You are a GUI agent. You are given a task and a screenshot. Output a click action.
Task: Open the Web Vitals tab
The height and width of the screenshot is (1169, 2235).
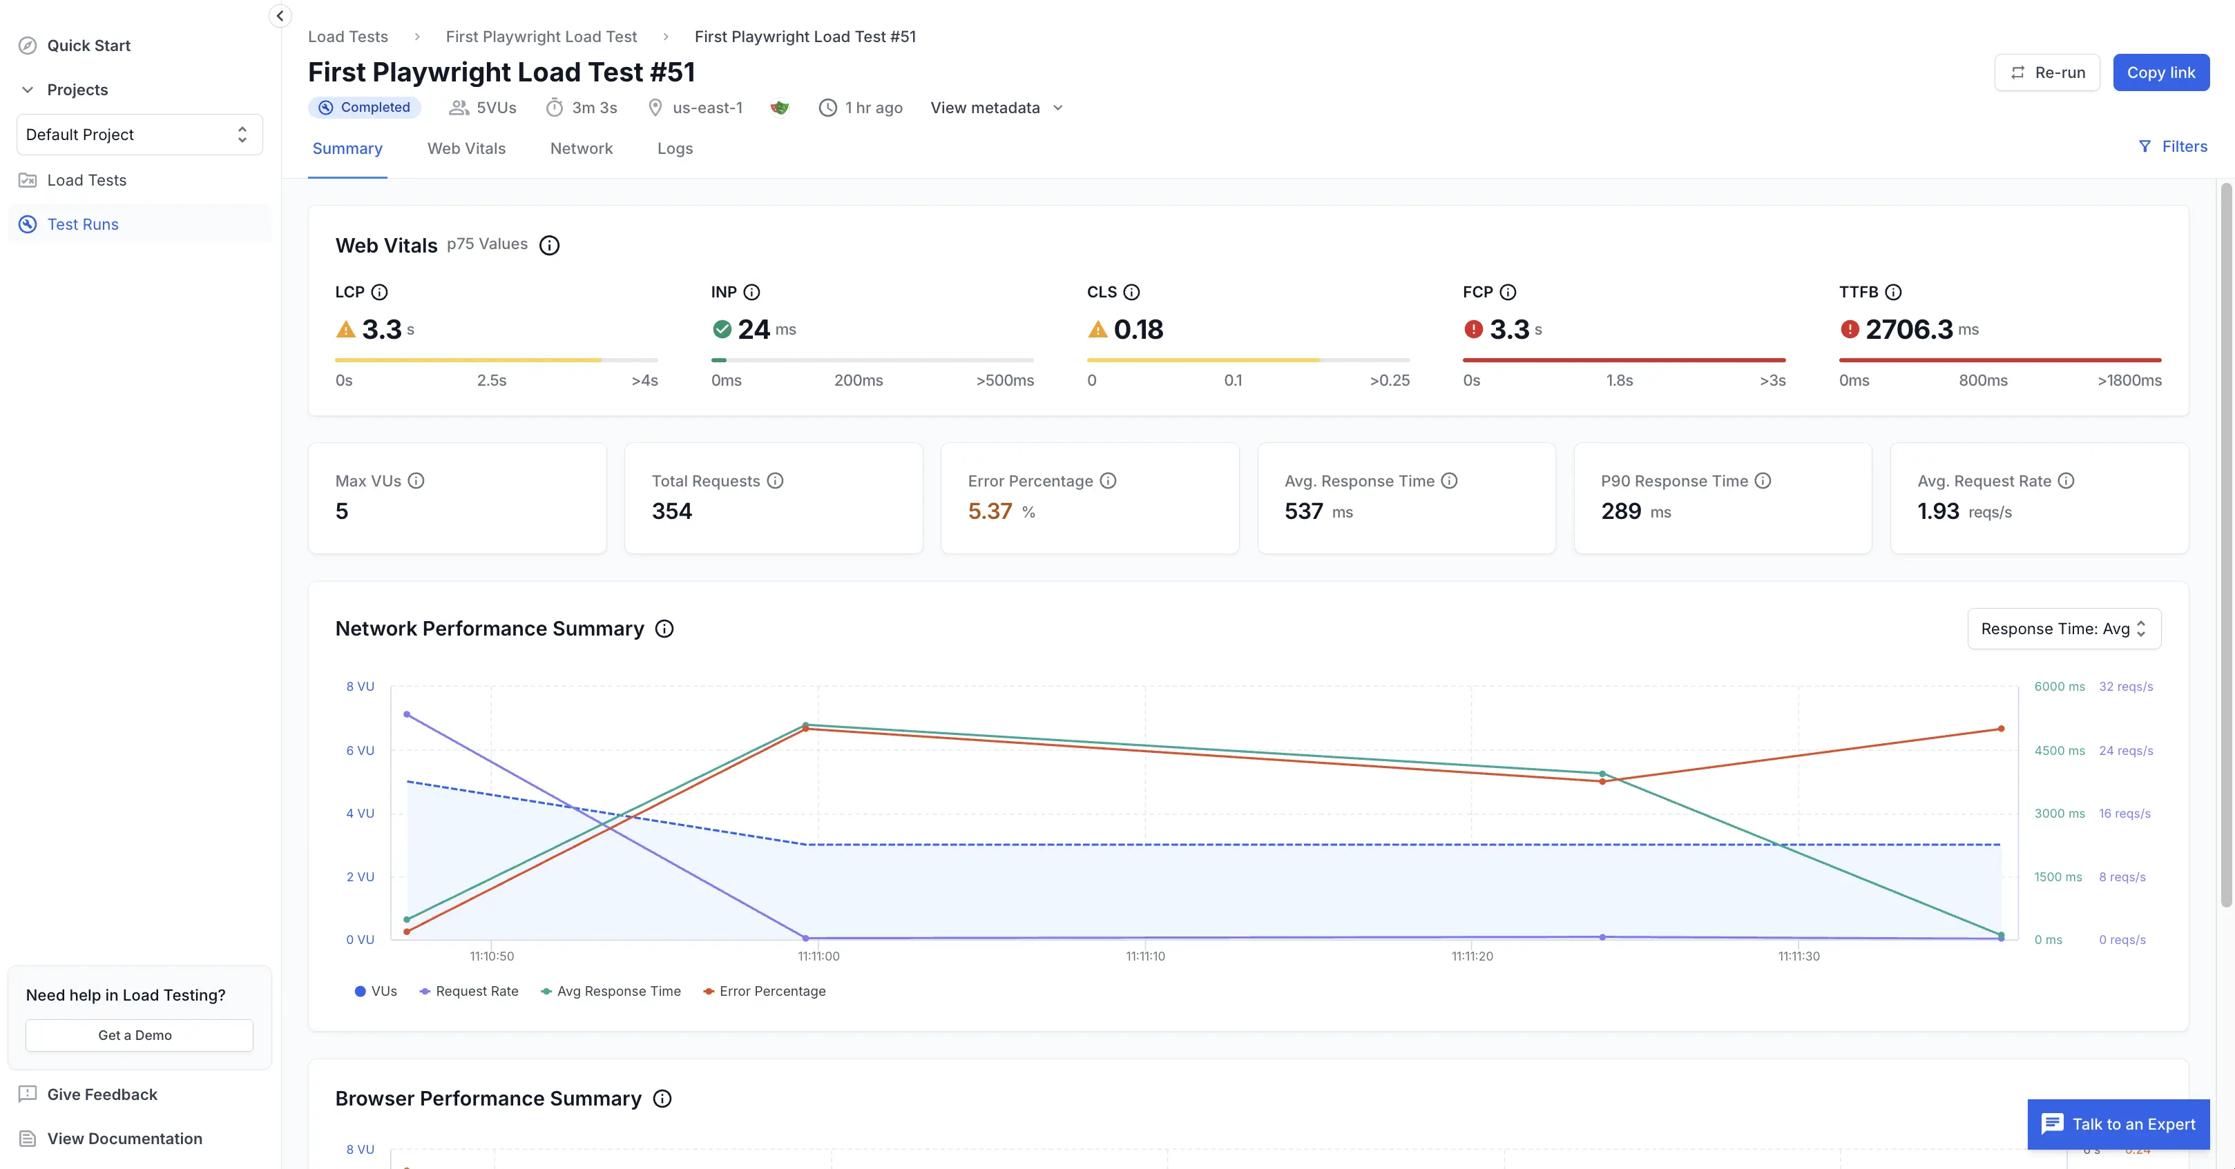click(x=466, y=148)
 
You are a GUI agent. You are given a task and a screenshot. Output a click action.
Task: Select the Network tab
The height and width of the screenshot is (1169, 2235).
click(x=582, y=148)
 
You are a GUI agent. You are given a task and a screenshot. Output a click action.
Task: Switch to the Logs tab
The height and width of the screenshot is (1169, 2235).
click(x=675, y=148)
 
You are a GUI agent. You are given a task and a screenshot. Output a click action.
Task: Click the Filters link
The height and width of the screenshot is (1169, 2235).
click(x=2173, y=146)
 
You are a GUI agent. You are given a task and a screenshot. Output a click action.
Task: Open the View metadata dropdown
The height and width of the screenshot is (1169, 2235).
click(x=997, y=108)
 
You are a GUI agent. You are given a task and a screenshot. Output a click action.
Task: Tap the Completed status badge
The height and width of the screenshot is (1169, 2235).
click(x=365, y=108)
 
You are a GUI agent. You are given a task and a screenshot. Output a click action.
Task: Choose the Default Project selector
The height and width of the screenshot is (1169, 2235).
click(x=140, y=135)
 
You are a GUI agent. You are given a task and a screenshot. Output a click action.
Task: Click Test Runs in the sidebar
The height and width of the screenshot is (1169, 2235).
click(x=82, y=224)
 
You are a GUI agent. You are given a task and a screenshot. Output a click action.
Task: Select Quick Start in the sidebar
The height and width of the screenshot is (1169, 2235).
click(x=88, y=45)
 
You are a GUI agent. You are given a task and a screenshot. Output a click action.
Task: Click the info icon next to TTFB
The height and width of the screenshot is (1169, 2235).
click(x=1894, y=293)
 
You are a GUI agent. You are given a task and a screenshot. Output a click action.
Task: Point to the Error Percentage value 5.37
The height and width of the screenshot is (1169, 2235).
click(x=990, y=511)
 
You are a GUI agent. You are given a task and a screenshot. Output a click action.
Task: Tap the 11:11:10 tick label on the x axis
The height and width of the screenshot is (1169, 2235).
click(x=1145, y=956)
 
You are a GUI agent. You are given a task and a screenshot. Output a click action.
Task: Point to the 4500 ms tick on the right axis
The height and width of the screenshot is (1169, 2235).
click(x=2059, y=750)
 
